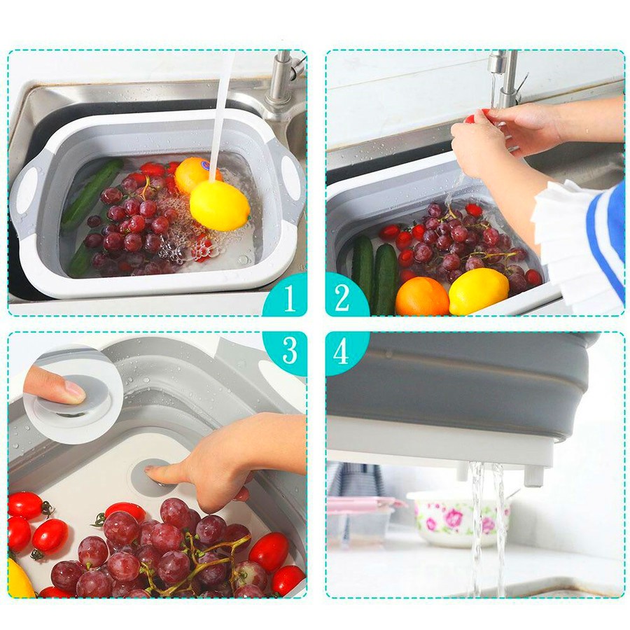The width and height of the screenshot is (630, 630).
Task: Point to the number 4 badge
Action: click(342, 351)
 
